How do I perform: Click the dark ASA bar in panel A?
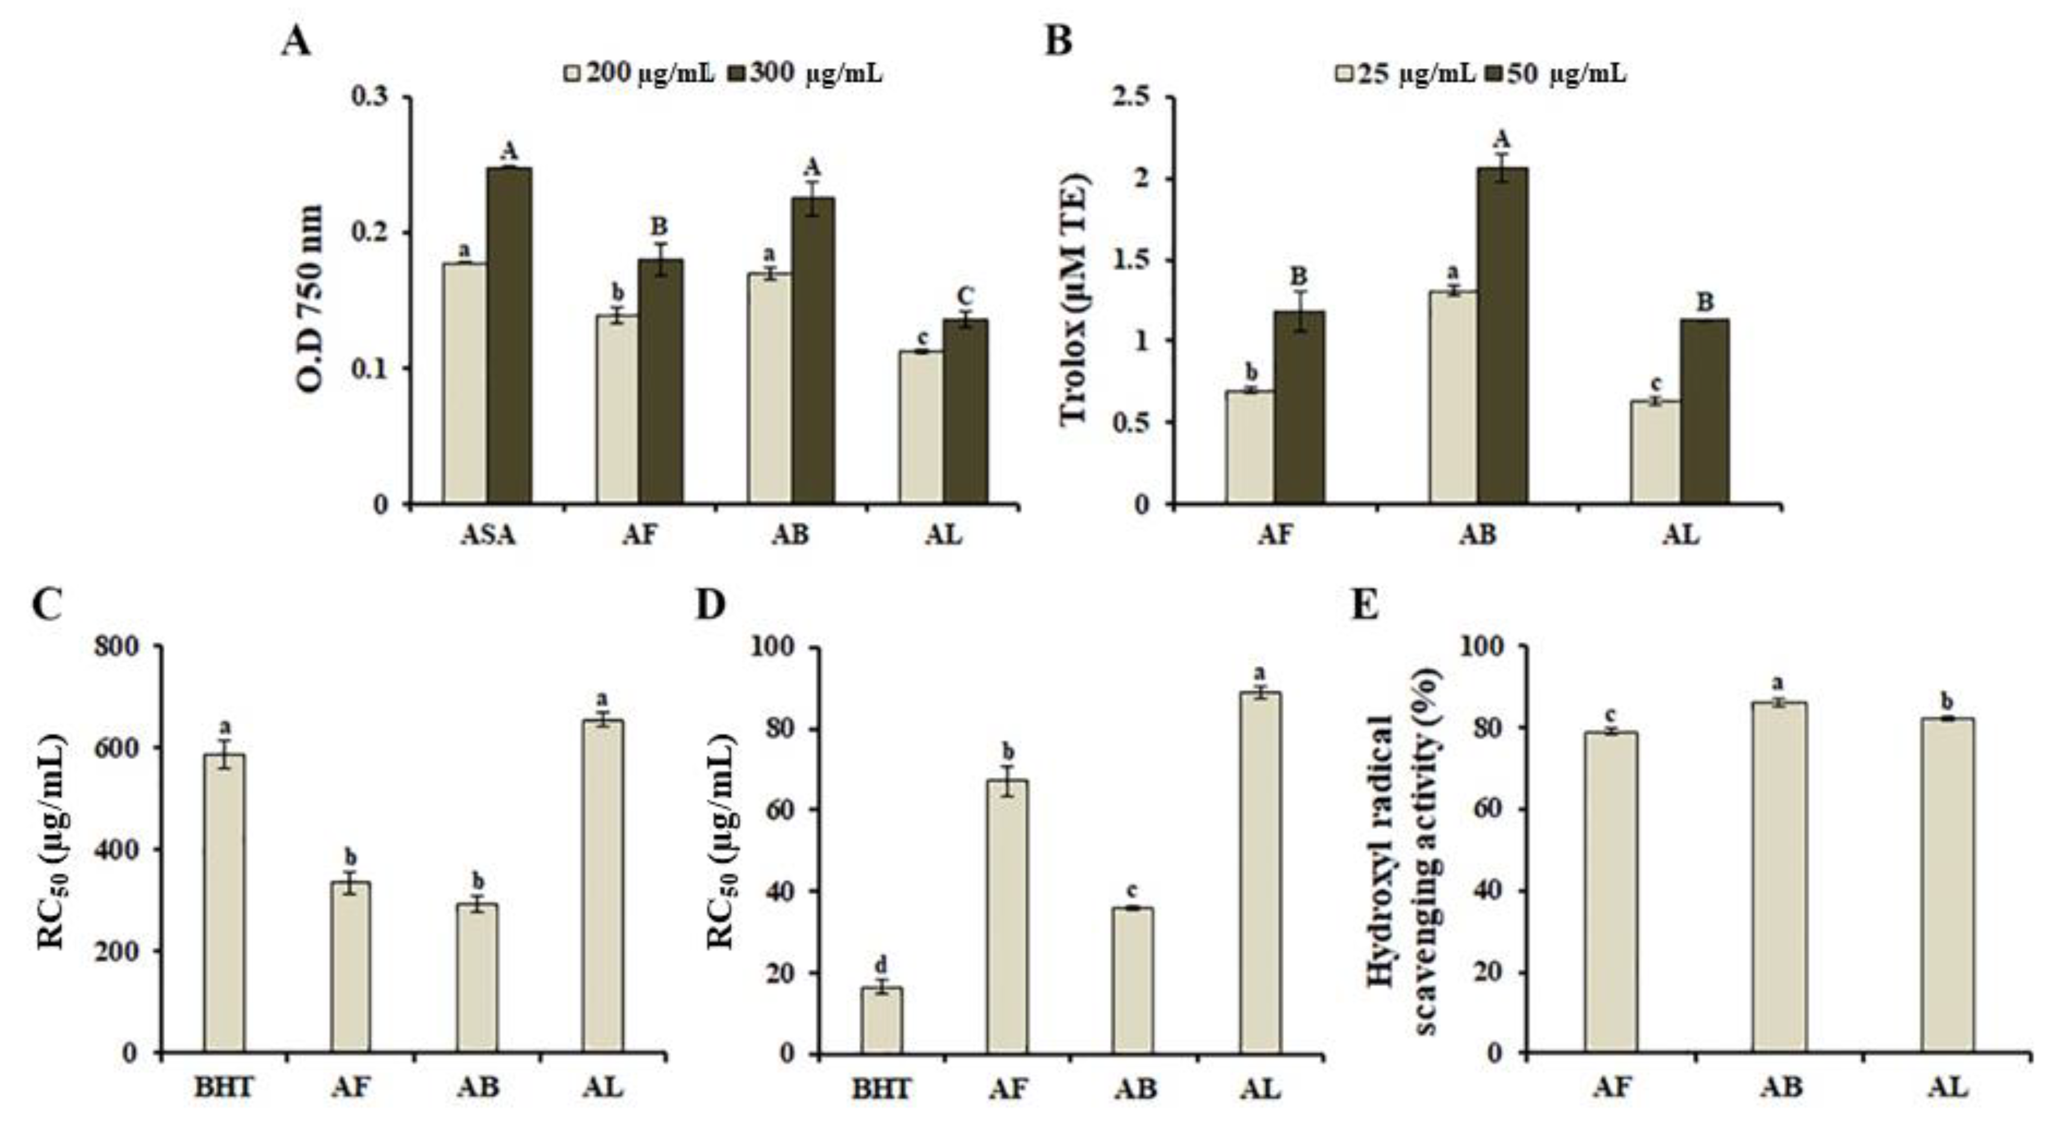(x=509, y=334)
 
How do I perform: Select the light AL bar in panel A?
(x=921, y=427)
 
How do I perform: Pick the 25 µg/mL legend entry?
(x=1404, y=73)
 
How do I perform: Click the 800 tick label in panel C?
(x=116, y=646)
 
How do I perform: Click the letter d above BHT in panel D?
(x=881, y=966)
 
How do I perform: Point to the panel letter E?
(x=1365, y=606)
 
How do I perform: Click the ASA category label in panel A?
(x=488, y=535)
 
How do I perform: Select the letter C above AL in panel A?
(x=965, y=297)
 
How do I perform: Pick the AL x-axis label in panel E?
(x=1948, y=1087)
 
